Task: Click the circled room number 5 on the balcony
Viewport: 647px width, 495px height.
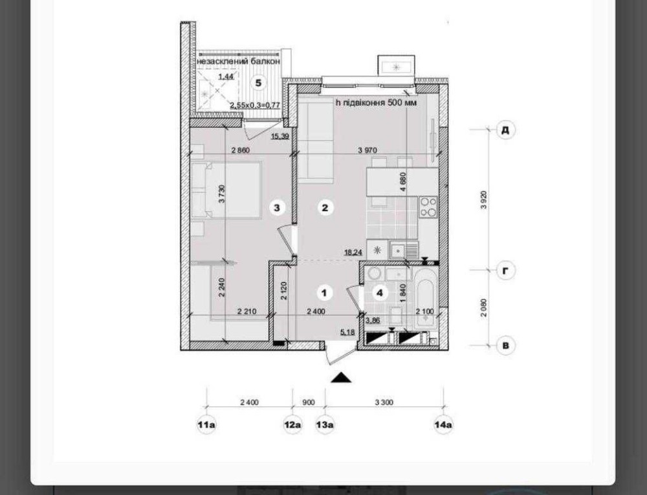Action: [258, 83]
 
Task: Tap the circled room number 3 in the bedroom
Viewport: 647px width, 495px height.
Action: [277, 207]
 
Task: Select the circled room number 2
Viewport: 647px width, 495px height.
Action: [325, 207]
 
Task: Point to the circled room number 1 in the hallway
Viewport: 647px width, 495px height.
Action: [324, 293]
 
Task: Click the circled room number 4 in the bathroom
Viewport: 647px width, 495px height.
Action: [380, 293]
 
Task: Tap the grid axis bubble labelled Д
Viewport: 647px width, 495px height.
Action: [505, 130]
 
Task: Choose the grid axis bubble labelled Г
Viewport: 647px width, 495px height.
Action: [505, 271]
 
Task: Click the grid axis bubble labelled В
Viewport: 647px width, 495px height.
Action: [505, 345]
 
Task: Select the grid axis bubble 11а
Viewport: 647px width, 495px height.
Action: [206, 424]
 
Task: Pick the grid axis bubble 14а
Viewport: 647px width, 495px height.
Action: [444, 424]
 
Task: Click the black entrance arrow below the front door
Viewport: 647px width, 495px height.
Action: [340, 377]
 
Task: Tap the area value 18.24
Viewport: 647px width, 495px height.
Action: [354, 253]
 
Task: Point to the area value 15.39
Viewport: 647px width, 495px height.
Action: [280, 136]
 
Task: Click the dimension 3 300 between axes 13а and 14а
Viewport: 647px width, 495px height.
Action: [384, 402]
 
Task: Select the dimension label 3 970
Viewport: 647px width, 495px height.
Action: [367, 150]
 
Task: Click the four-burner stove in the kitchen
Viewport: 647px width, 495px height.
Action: [428, 207]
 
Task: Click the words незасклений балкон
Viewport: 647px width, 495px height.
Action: [239, 61]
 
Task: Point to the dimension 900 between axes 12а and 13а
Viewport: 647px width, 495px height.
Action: [308, 402]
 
